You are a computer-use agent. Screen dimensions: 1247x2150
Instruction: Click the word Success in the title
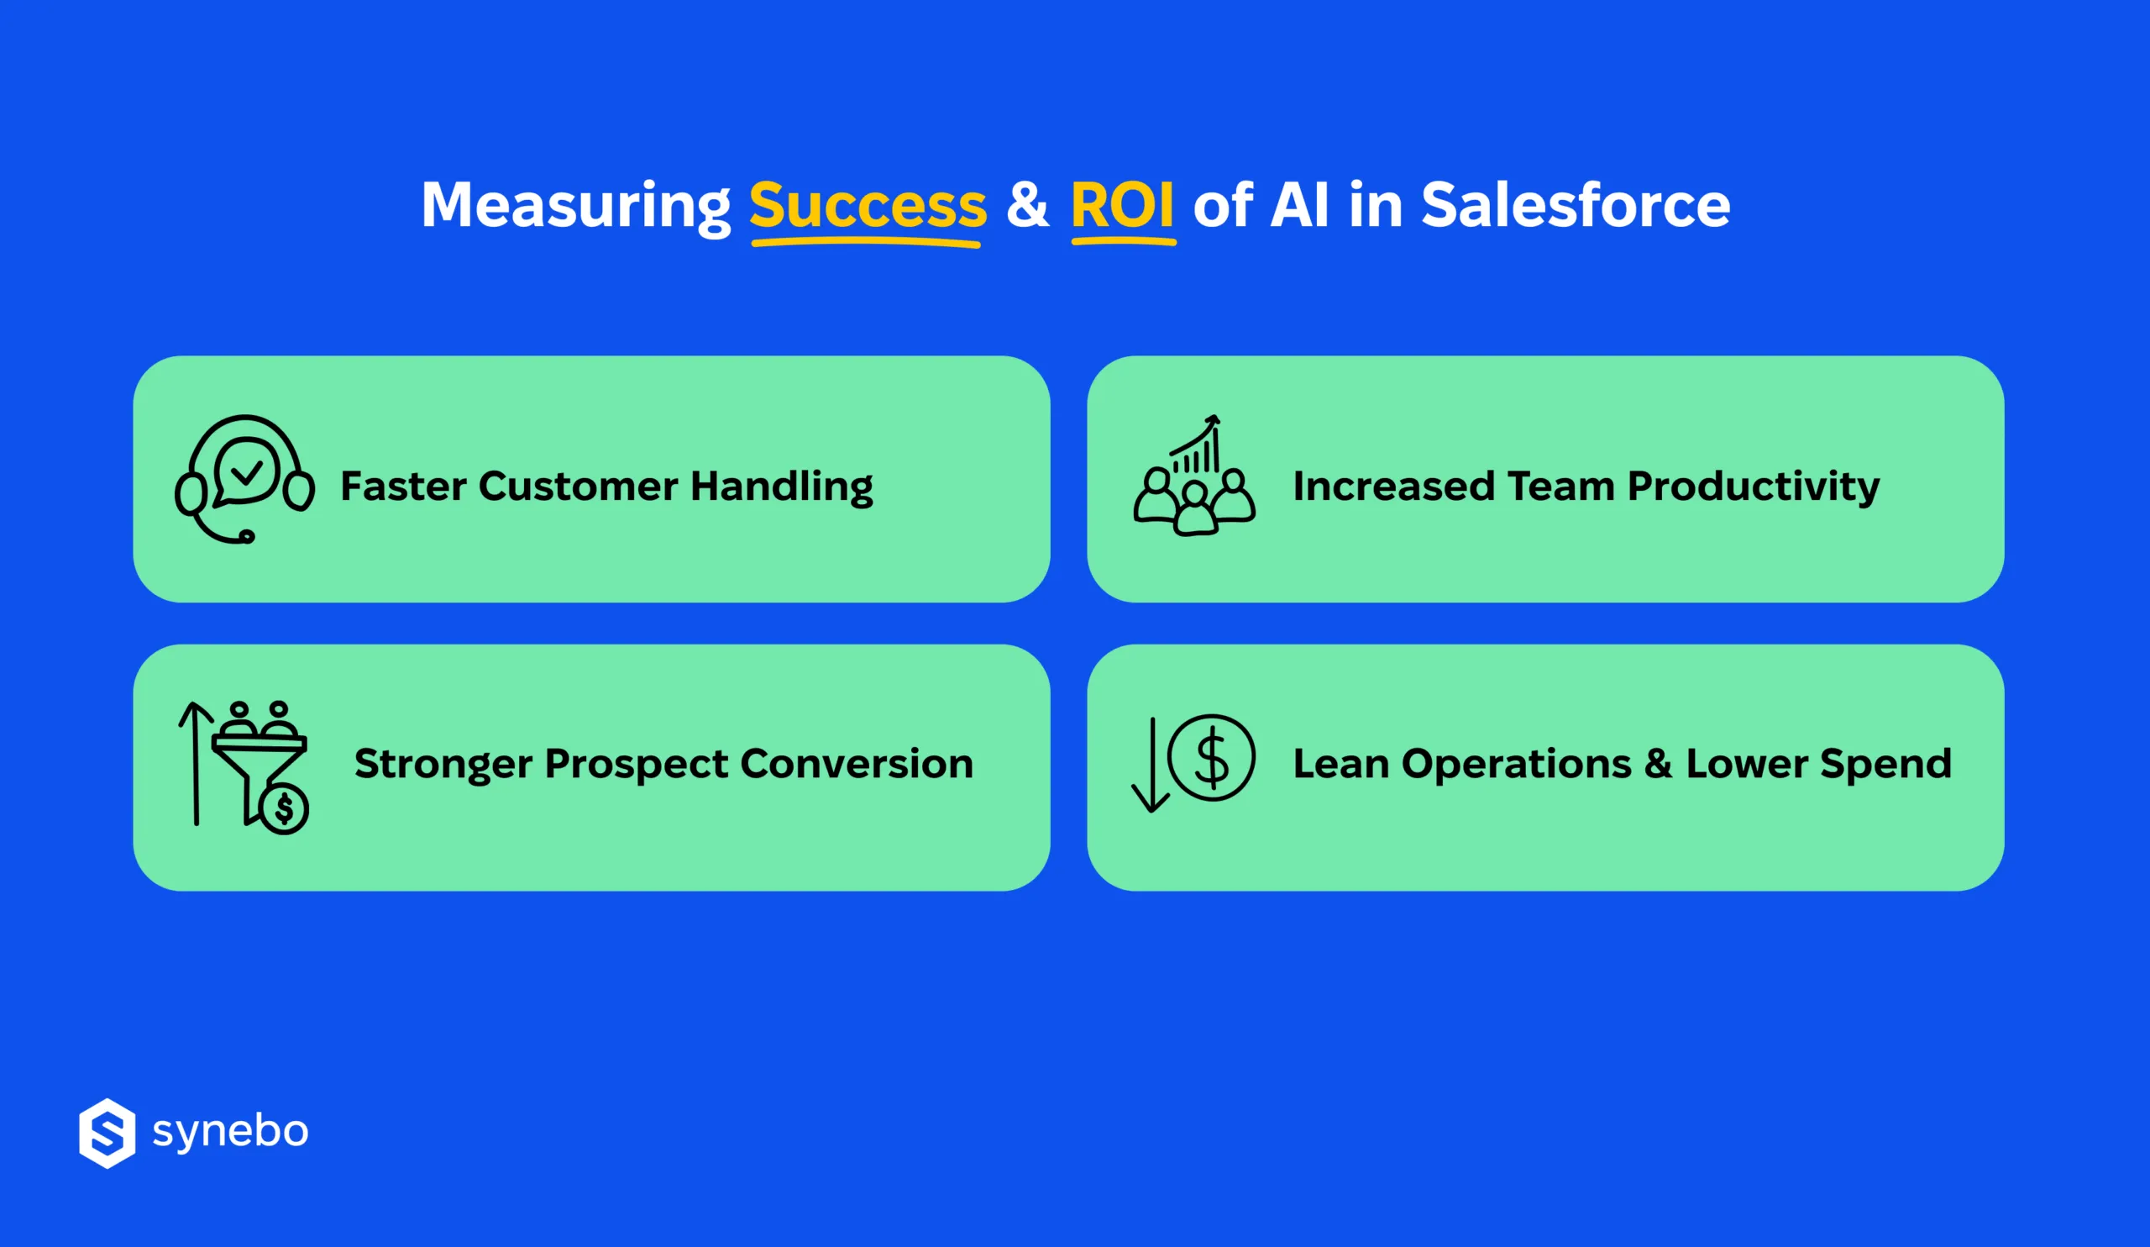pyautogui.click(x=867, y=206)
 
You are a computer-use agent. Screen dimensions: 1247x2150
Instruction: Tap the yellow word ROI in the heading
pyautogui.click(x=1122, y=206)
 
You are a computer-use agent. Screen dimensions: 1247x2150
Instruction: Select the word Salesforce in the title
pyautogui.click(x=1575, y=206)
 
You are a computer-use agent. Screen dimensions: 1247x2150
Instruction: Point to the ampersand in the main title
pyautogui.click(x=1027, y=206)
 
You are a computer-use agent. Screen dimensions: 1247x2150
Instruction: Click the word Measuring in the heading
pyautogui.click(x=576, y=206)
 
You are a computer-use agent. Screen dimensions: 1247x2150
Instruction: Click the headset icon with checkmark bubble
pyautogui.click(x=245, y=479)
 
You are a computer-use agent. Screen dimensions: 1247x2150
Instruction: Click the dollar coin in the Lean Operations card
pyautogui.click(x=1211, y=757)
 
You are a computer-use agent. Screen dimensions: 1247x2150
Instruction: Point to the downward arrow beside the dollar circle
pyautogui.click(x=1151, y=764)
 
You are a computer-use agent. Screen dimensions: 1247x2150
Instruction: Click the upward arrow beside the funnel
pyautogui.click(x=196, y=762)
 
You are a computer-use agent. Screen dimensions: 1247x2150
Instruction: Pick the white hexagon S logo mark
pyautogui.click(x=107, y=1133)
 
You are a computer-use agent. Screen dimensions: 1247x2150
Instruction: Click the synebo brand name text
pyautogui.click(x=230, y=1132)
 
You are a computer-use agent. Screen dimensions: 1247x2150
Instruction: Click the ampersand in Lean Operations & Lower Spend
pyautogui.click(x=1658, y=764)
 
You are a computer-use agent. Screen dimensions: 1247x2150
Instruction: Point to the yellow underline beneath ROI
pyautogui.click(x=1123, y=242)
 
